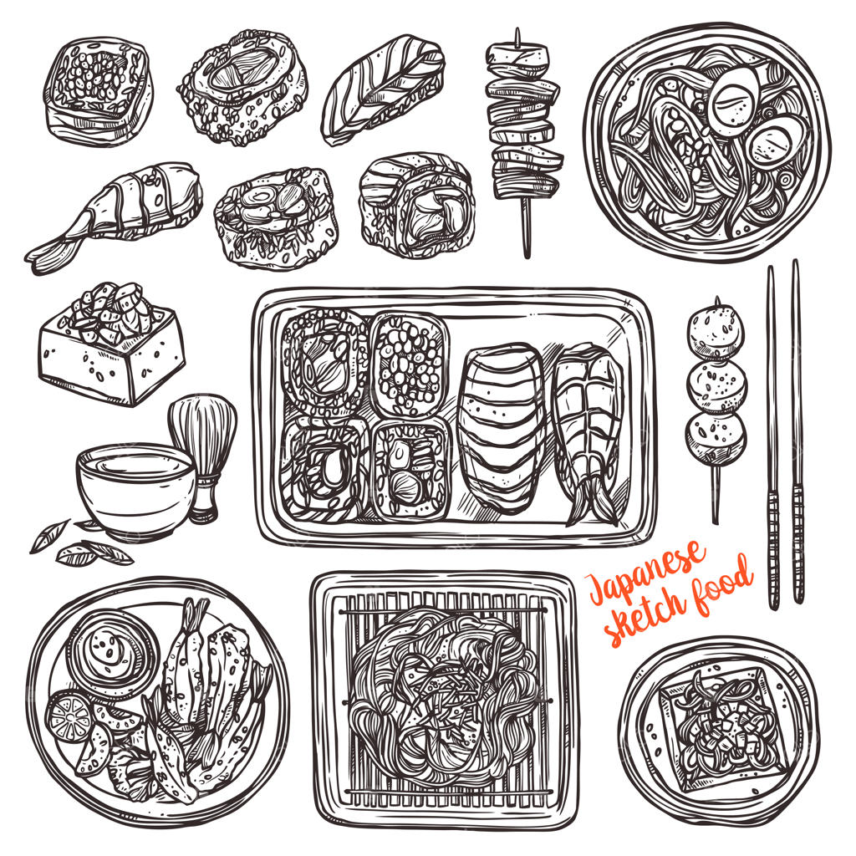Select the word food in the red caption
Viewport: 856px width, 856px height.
coord(723,585)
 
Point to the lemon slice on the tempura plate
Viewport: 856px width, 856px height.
coord(68,716)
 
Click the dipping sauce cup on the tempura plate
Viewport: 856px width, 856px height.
coord(113,653)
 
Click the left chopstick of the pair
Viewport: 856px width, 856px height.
coord(773,436)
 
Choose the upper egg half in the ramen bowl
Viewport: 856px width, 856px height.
coord(734,100)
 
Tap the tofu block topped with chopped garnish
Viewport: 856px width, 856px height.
coord(111,349)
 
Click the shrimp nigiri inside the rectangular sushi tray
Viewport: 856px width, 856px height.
coord(588,431)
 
